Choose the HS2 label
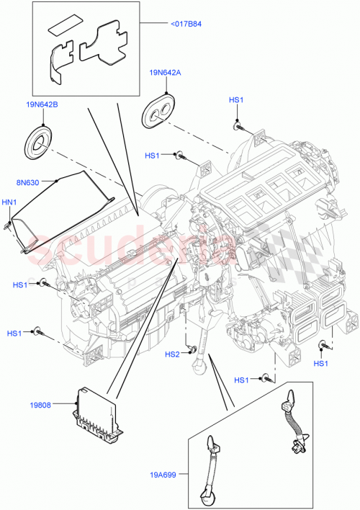click(172, 354)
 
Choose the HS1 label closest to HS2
click(242, 380)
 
